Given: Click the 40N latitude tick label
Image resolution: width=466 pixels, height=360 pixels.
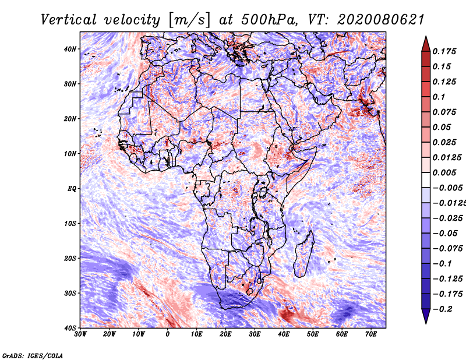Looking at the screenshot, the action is (x=70, y=49).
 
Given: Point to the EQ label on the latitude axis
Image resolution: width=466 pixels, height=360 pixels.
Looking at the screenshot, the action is (x=72, y=189).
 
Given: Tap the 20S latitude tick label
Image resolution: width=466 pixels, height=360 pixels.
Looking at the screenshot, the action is (x=70, y=258).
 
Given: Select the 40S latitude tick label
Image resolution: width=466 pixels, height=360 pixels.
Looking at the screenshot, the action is (x=70, y=328).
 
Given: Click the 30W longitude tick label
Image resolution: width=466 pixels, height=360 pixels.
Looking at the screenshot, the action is (x=80, y=334).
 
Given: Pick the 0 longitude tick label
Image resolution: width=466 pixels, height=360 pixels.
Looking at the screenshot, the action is (x=168, y=334).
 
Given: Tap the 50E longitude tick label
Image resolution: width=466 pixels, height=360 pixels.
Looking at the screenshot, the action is (x=313, y=334).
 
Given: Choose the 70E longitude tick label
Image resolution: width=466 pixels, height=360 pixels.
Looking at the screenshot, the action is (x=371, y=334).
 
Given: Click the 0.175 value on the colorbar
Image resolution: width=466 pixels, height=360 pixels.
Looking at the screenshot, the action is (x=444, y=51).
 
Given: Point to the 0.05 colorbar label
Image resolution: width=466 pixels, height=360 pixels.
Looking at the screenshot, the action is (x=442, y=127).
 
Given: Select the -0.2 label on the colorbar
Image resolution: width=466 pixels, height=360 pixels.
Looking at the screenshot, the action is (x=443, y=309).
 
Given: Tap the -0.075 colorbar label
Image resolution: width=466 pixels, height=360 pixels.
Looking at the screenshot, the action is (x=447, y=249).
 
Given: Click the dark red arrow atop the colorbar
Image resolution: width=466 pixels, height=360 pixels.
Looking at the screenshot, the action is (x=426, y=44).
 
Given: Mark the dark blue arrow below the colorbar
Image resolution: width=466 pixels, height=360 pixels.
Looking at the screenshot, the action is (x=426, y=316).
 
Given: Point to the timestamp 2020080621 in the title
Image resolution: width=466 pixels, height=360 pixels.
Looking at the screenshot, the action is (x=381, y=20).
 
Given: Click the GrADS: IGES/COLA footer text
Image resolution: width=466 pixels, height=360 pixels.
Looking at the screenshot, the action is (x=33, y=355).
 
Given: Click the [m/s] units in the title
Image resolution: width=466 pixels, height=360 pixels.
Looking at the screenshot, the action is (x=189, y=20).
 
